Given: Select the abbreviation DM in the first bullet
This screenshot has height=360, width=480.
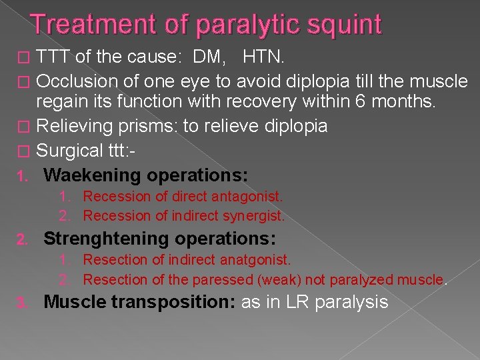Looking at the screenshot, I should pos(204,58).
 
